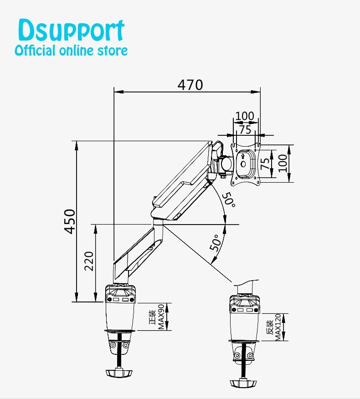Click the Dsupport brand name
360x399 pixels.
(x=71, y=31)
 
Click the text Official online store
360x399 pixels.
(x=71, y=50)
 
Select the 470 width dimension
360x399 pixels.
(x=190, y=85)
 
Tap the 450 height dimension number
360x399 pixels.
(x=69, y=221)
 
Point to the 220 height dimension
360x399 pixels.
(x=89, y=261)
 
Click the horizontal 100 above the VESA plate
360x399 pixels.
(x=245, y=116)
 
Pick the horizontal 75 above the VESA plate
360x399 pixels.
(x=245, y=129)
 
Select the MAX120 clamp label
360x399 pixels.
(x=273, y=327)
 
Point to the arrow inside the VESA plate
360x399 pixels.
(x=242, y=156)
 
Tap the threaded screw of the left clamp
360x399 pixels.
(x=121, y=351)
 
